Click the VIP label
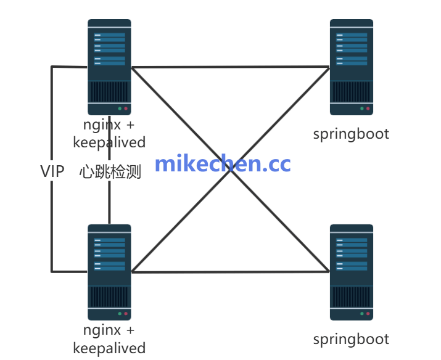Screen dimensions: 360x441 (52, 171)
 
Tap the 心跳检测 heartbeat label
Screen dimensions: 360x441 (110, 171)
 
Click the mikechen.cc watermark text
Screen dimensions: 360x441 (222, 164)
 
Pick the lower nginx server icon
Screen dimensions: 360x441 (109, 272)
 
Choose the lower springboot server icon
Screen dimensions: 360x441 (352, 272)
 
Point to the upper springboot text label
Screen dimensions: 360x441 (351, 134)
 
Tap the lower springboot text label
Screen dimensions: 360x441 (351, 338)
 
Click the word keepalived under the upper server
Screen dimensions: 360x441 (109, 142)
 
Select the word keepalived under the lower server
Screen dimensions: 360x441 (109, 348)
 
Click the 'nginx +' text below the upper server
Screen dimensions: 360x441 (109, 125)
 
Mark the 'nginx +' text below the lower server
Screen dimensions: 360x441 (109, 330)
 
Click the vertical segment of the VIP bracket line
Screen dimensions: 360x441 (52, 216)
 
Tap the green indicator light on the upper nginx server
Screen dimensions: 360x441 (120, 108)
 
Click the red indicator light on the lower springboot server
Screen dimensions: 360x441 (368, 314)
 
